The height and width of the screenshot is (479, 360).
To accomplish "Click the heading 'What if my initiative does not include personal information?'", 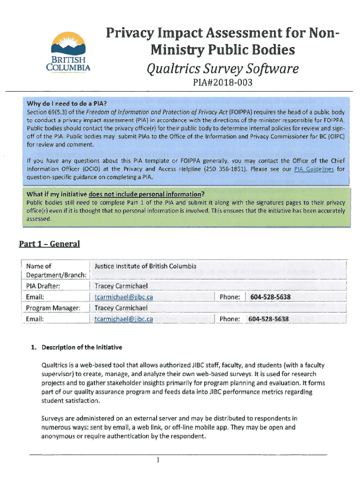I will (x=115, y=194).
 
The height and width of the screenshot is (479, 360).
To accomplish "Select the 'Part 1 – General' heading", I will (x=50, y=244).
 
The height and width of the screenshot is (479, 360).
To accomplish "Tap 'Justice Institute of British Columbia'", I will (x=145, y=266).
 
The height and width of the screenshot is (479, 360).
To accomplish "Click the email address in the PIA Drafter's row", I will (x=123, y=297).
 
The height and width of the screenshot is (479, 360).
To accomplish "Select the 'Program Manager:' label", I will (x=53, y=308).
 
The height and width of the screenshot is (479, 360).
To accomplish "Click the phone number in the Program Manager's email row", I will (x=268, y=319).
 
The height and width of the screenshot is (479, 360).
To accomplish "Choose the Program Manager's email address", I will (x=123, y=319).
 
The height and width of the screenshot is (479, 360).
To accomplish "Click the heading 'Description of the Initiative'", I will (x=82, y=347).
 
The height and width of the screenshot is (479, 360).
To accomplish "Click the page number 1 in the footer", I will (x=158, y=460).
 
